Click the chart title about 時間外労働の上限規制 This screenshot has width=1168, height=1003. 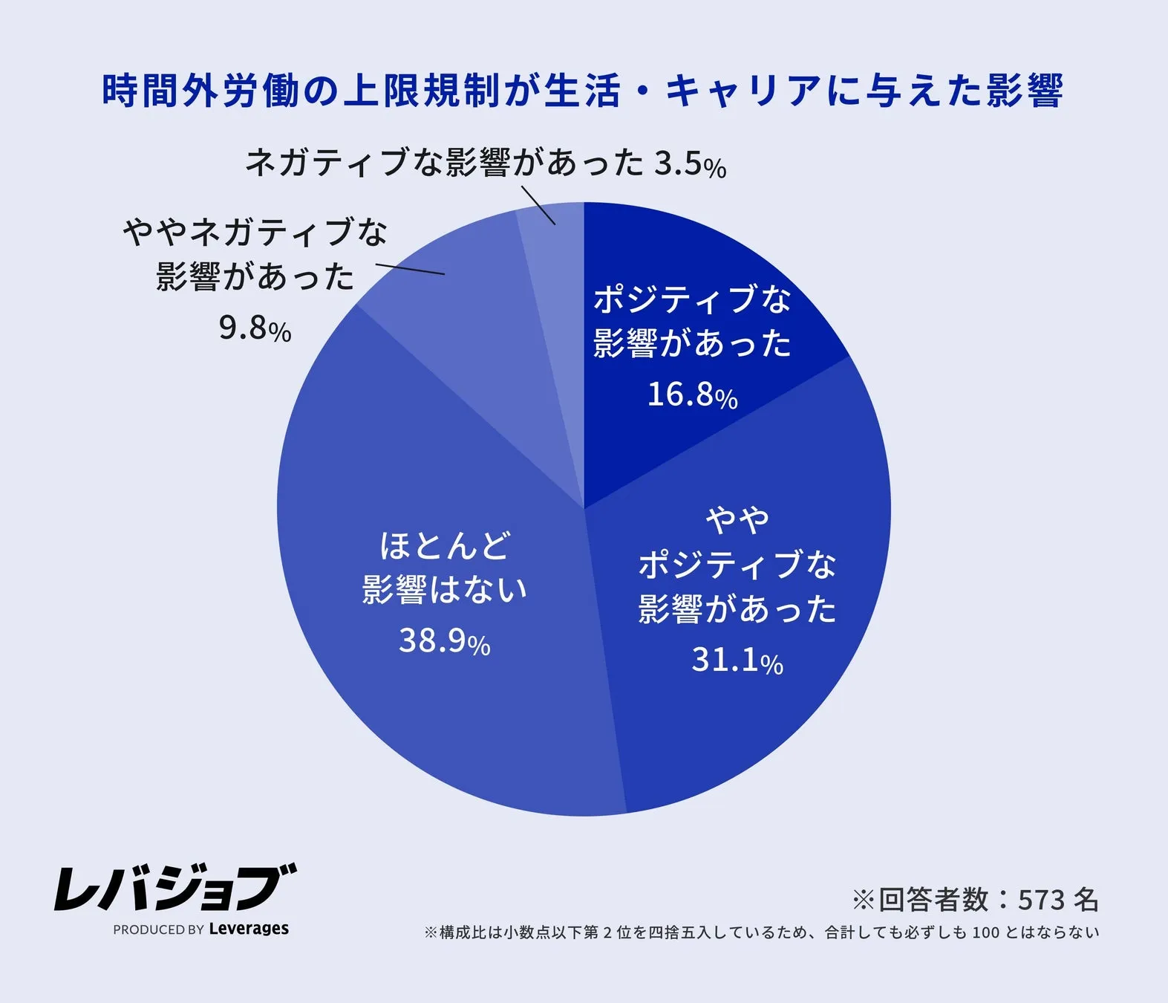pyautogui.click(x=583, y=91)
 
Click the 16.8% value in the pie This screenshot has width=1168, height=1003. pyautogui.click(x=691, y=395)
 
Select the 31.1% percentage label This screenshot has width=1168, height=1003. pyautogui.click(x=737, y=660)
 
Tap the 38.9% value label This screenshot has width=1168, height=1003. pyautogui.click(x=444, y=640)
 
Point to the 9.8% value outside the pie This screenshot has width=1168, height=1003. pyautogui.click(x=254, y=328)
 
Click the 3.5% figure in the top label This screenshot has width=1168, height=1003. pyautogui.click(x=689, y=164)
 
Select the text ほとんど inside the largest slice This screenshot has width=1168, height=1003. pyautogui.click(x=444, y=546)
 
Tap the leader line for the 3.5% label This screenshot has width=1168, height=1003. pyautogui.click(x=538, y=205)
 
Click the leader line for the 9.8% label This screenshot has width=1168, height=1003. pyautogui.click(x=410, y=269)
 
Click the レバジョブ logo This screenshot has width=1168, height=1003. pyautogui.click(x=175, y=887)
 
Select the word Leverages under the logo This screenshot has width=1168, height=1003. pyautogui.click(x=249, y=929)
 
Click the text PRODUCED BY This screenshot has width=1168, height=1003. pyautogui.click(x=158, y=929)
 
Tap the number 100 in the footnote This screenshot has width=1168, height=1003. pyautogui.click(x=985, y=932)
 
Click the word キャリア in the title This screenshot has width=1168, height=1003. pyautogui.click(x=743, y=91)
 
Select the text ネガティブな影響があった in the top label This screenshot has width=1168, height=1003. pyautogui.click(x=444, y=162)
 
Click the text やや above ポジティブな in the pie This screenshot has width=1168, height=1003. pyautogui.click(x=737, y=520)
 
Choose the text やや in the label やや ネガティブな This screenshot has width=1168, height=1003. pyautogui.click(x=154, y=233)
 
